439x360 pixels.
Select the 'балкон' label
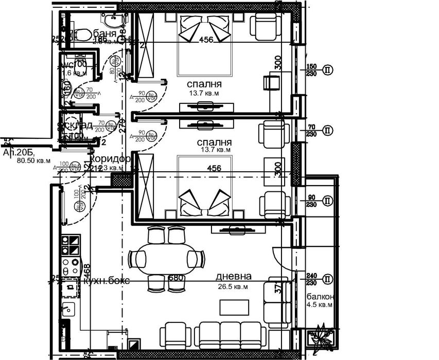tap(321, 297)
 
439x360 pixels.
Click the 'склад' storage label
tap(77, 125)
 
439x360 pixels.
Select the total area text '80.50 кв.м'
tap(33, 161)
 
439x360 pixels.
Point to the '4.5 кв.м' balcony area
tap(320, 305)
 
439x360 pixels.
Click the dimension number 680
tap(176, 278)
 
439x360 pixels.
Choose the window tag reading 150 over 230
tap(311, 70)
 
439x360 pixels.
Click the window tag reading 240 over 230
tap(311, 279)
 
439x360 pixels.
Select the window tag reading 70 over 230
tap(311, 130)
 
